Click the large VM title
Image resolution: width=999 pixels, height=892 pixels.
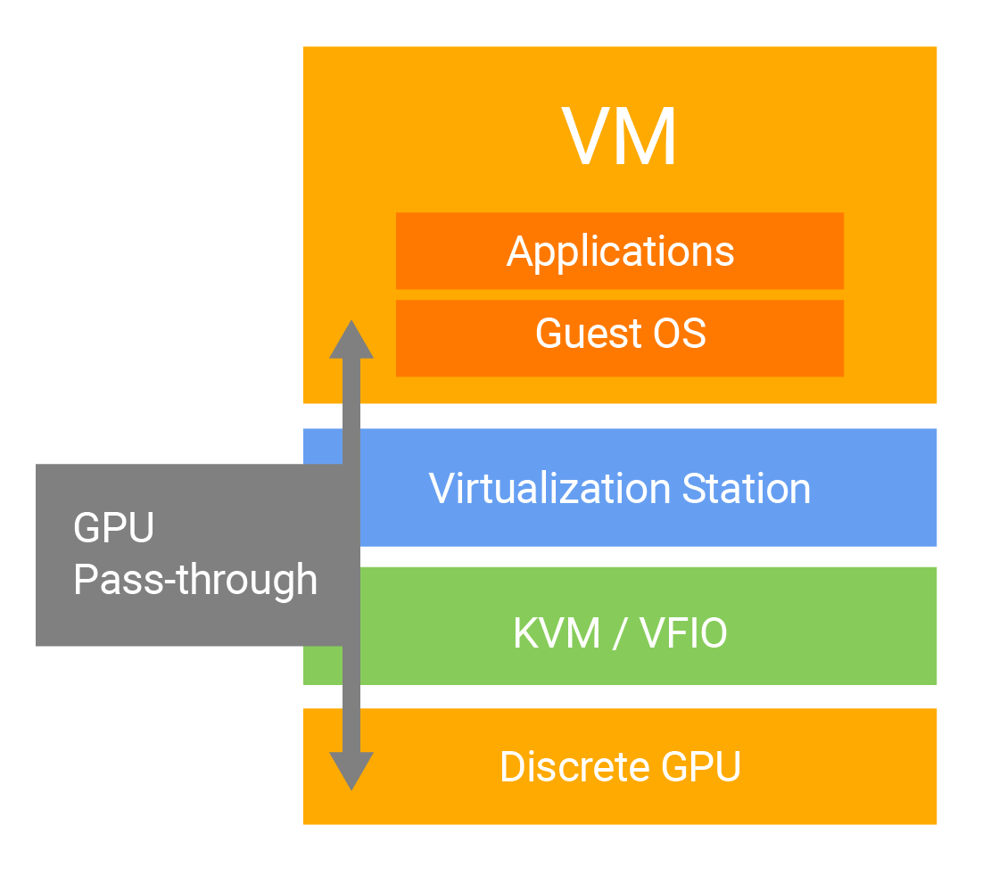point(620,137)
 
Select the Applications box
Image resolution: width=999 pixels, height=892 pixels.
point(620,251)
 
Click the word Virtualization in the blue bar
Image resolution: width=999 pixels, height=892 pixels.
point(549,489)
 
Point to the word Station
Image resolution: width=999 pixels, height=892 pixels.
point(747,489)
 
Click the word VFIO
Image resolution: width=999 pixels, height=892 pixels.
point(683,633)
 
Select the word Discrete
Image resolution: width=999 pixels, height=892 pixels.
point(574,767)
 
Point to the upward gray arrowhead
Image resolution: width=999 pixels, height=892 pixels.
point(351,339)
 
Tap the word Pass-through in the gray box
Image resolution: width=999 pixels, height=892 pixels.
point(194,580)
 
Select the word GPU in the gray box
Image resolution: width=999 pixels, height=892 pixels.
point(113,527)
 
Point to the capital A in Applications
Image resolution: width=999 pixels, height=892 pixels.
point(520,251)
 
